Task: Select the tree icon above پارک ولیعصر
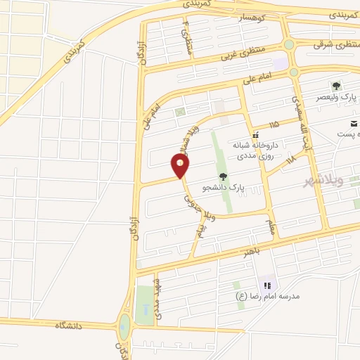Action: click(336, 86)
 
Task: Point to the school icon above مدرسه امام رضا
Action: click(267, 285)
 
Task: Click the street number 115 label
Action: click(272, 124)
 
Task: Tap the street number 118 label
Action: click(291, 160)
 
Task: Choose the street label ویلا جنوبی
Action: click(193, 204)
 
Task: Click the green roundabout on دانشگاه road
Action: click(124, 326)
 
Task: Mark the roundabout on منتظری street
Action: click(289, 45)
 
